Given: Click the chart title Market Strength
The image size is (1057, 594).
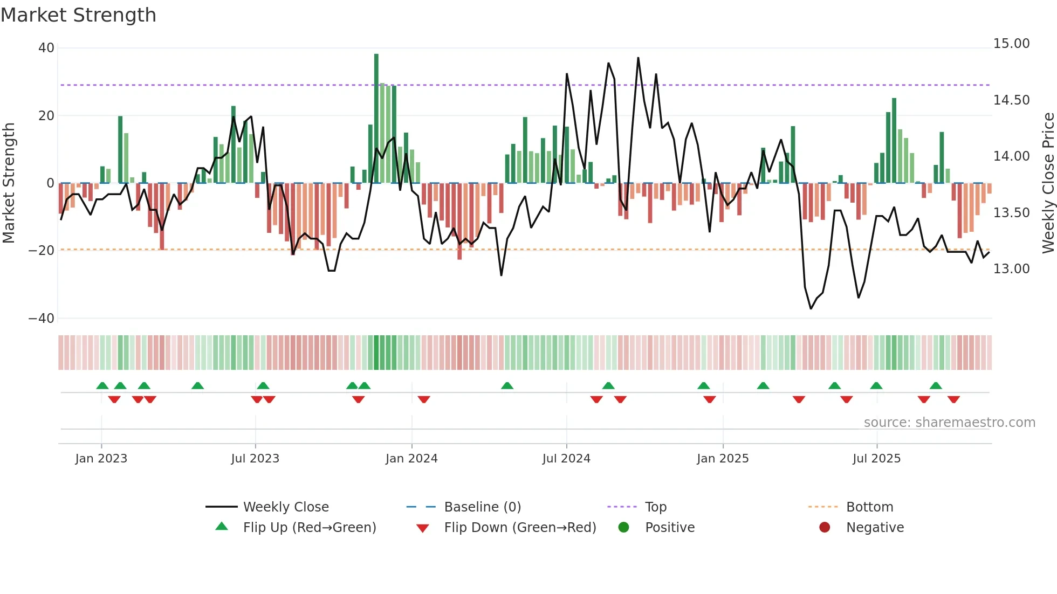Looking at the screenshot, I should pyautogui.click(x=78, y=15).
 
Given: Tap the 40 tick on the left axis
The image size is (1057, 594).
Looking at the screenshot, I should pyautogui.click(x=46, y=48).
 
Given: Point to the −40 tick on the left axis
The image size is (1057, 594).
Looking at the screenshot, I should pyautogui.click(x=42, y=319).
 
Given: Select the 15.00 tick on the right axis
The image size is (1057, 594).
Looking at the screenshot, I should pyautogui.click(x=1011, y=44).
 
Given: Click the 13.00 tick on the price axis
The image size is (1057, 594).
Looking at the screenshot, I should pyautogui.click(x=1011, y=268).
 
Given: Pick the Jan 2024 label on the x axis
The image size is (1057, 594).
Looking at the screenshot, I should pyautogui.click(x=411, y=459).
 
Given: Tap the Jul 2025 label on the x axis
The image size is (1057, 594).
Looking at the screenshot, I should pyautogui.click(x=876, y=459).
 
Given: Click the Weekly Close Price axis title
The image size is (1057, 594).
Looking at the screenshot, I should pyautogui.click(x=1048, y=183).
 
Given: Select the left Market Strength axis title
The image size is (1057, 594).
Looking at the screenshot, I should pyautogui.click(x=9, y=183).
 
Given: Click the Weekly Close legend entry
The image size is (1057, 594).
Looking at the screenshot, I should pyautogui.click(x=285, y=507).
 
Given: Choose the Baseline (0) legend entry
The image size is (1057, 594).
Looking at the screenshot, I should pyautogui.click(x=482, y=507).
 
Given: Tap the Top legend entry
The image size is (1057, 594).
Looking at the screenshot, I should pyautogui.click(x=656, y=507).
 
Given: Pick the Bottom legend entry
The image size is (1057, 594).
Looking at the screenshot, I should pyautogui.click(x=869, y=507).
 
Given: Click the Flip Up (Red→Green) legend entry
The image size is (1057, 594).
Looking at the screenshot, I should pyautogui.click(x=309, y=528).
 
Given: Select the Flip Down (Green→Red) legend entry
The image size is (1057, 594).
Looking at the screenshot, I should pyautogui.click(x=520, y=528).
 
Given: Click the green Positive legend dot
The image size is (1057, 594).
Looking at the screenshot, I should pyautogui.click(x=623, y=527).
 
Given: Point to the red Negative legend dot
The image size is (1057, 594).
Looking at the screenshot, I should pyautogui.click(x=825, y=527).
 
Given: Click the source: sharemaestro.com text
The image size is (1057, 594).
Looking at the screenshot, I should pyautogui.click(x=949, y=423).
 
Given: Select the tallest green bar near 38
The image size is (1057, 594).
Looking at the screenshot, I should pyautogui.click(x=376, y=119).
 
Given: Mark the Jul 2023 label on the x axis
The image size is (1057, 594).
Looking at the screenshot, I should pyautogui.click(x=255, y=459).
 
